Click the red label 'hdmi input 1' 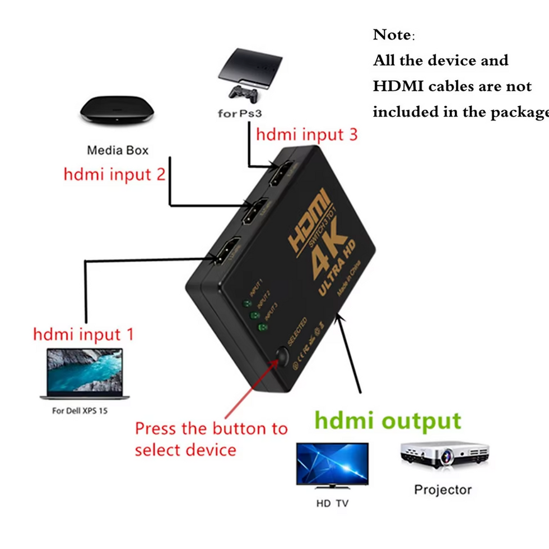(x=84, y=334)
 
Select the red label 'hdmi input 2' (x=114, y=174)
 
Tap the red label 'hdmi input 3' (x=306, y=134)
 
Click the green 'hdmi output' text (x=388, y=420)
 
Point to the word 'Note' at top (x=392, y=35)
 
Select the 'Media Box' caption (x=118, y=150)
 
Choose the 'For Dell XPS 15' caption (x=80, y=411)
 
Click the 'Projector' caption (x=443, y=490)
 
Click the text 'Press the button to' (x=211, y=429)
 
